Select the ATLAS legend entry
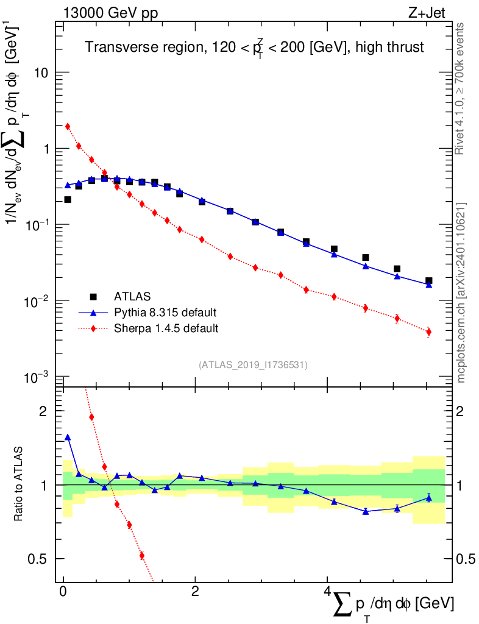(x=131, y=297)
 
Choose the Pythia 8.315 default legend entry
(x=165, y=313)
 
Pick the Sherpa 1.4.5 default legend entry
(x=166, y=328)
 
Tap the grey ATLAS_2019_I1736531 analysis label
(x=253, y=365)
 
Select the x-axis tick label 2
(x=195, y=592)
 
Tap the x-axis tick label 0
(x=63, y=592)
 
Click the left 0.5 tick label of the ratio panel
(x=38, y=559)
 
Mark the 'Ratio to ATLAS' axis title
(x=20, y=484)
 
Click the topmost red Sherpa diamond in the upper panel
(x=68, y=126)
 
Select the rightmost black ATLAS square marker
(x=429, y=281)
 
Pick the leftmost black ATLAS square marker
(x=68, y=199)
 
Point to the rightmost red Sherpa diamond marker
(x=429, y=331)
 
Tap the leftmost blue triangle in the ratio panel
(x=68, y=437)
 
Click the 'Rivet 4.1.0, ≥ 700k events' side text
(x=461, y=89)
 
